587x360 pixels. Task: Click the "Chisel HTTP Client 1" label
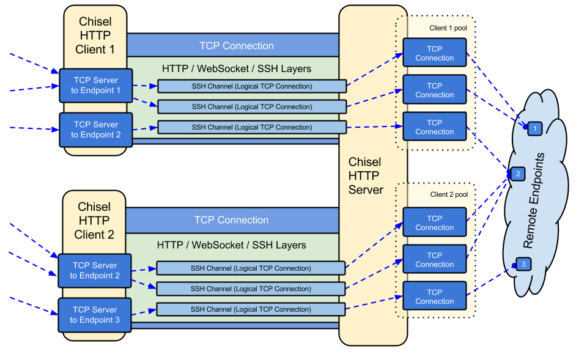[95, 35]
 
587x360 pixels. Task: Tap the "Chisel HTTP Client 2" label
[94, 221]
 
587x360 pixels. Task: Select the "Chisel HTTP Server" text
[366, 175]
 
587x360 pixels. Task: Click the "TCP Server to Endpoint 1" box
[96, 85]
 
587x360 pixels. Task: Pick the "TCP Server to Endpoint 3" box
[95, 315]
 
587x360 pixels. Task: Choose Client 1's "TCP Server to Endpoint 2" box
[96, 130]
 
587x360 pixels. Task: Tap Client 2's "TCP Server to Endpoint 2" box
[95, 270]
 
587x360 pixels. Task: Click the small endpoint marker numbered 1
[535, 128]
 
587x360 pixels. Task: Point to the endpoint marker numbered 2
[518, 174]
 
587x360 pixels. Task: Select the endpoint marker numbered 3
[523, 264]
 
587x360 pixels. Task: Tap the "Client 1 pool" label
[448, 28]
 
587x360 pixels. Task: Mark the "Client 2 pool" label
[449, 194]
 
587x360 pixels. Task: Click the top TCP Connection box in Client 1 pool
[435, 53]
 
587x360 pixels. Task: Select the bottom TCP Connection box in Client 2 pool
[435, 296]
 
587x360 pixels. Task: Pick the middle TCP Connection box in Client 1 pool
[435, 90]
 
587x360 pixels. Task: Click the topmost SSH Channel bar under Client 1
[252, 86]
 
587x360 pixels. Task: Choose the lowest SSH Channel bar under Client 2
[251, 309]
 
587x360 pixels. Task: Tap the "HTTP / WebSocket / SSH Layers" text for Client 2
[231, 245]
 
